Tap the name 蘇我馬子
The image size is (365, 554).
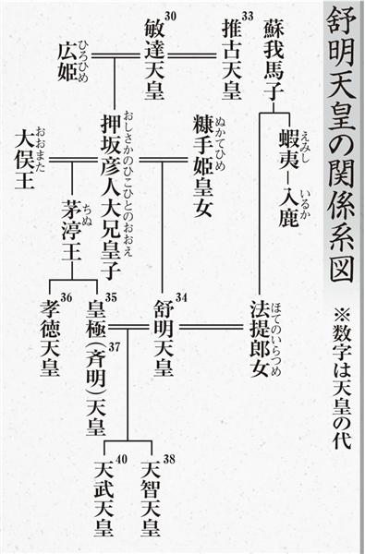[274, 60]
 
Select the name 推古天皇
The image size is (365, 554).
[232, 60]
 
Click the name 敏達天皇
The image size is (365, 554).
[154, 60]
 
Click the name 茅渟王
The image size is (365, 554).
[72, 230]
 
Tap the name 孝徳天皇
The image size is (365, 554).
[50, 338]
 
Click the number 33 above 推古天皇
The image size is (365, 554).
[248, 16]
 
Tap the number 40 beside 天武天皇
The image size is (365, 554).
[121, 459]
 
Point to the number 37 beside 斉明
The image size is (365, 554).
[115, 347]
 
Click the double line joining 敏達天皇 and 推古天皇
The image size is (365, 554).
[191, 55]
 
